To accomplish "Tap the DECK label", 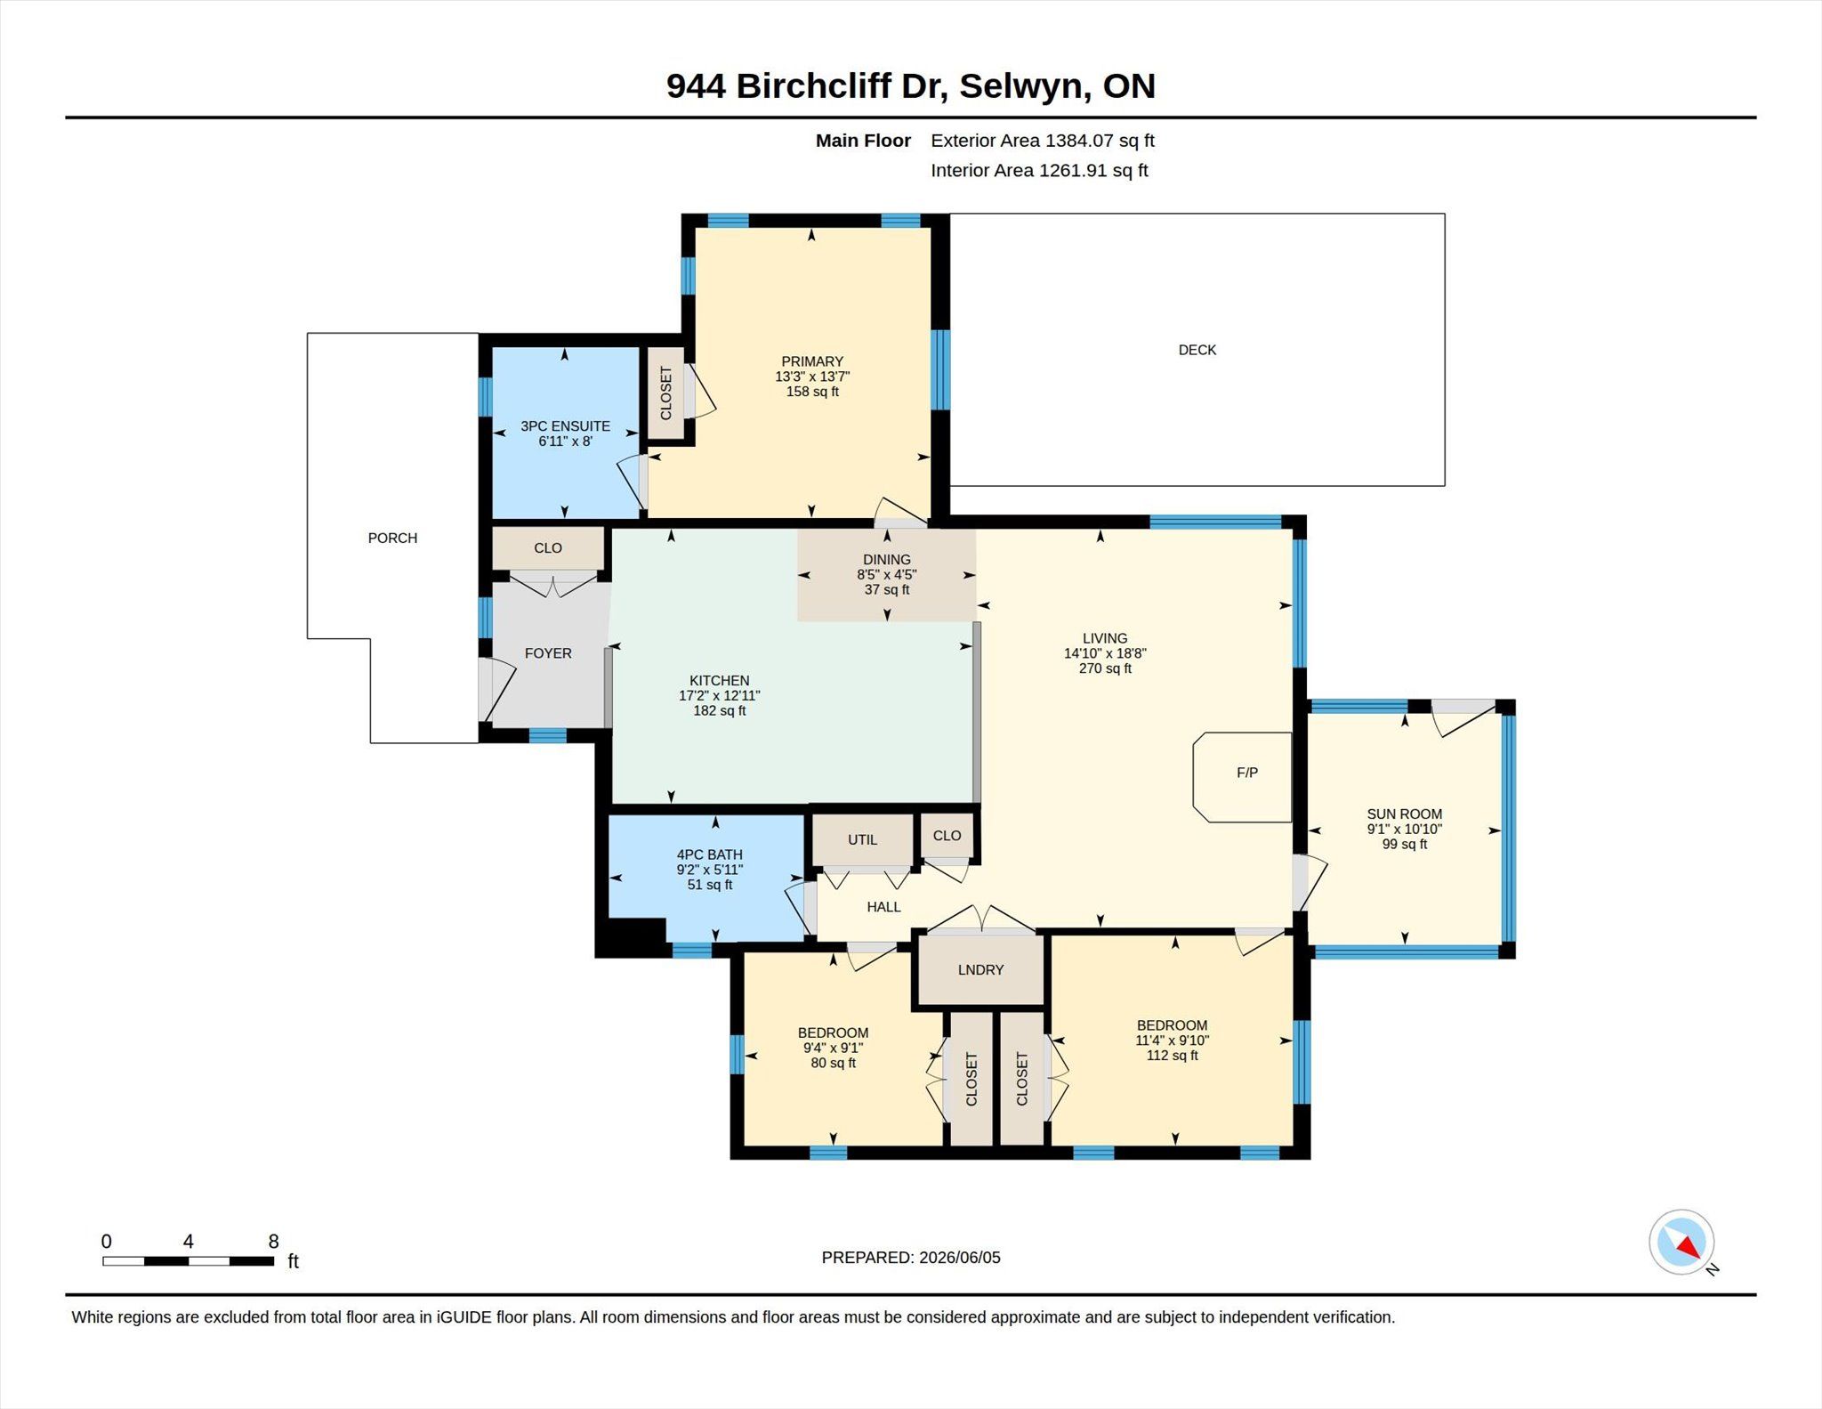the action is pos(1197,350).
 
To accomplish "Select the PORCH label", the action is pos(392,538).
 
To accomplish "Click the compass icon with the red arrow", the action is pos(1682,1243).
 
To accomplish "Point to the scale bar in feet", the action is pos(188,1260).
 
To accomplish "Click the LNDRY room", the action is pos(980,969).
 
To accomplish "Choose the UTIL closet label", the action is pos(862,839).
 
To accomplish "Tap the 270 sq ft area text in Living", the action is pos(1105,668).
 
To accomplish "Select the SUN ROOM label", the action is pos(1404,814).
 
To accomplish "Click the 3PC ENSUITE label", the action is pos(565,426).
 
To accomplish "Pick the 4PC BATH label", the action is pos(709,854).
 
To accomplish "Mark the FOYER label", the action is pos(548,653).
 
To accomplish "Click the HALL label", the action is pos(883,907).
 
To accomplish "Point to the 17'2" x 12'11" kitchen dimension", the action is pos(719,696).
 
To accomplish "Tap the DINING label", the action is pos(886,560).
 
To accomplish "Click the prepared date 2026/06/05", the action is pos(960,1258).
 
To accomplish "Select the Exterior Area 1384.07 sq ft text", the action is pos(1042,141).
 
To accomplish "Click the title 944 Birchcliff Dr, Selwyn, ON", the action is pos(911,85).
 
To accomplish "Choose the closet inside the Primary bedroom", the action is pos(665,393).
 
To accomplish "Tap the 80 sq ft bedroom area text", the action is pos(833,1063).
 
